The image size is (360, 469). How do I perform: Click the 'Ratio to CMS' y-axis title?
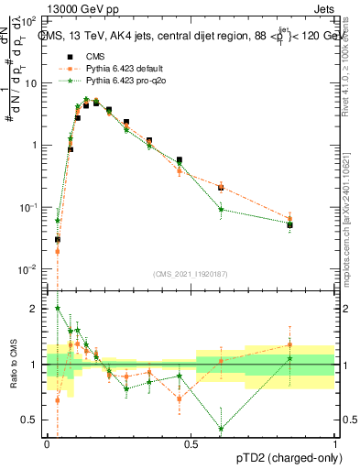[x=12, y=365]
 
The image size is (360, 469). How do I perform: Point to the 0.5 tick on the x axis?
[x=191, y=443]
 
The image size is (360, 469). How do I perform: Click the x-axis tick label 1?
[x=335, y=443]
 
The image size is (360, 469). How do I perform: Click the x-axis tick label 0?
[x=47, y=443]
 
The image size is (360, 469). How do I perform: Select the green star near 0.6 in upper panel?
[x=221, y=210]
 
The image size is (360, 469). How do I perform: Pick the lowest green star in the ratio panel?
[x=221, y=429]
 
